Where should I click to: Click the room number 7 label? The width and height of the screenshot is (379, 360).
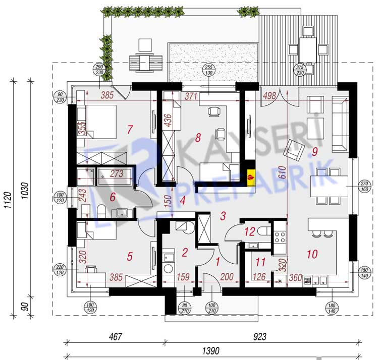130,130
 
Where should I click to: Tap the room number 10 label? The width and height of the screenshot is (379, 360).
312,254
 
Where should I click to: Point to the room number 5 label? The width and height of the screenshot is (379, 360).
130,257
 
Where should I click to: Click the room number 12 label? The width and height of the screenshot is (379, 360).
249,232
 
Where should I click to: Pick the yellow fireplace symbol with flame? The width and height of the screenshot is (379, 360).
251,177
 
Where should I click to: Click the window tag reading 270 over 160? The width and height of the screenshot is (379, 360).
365,187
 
